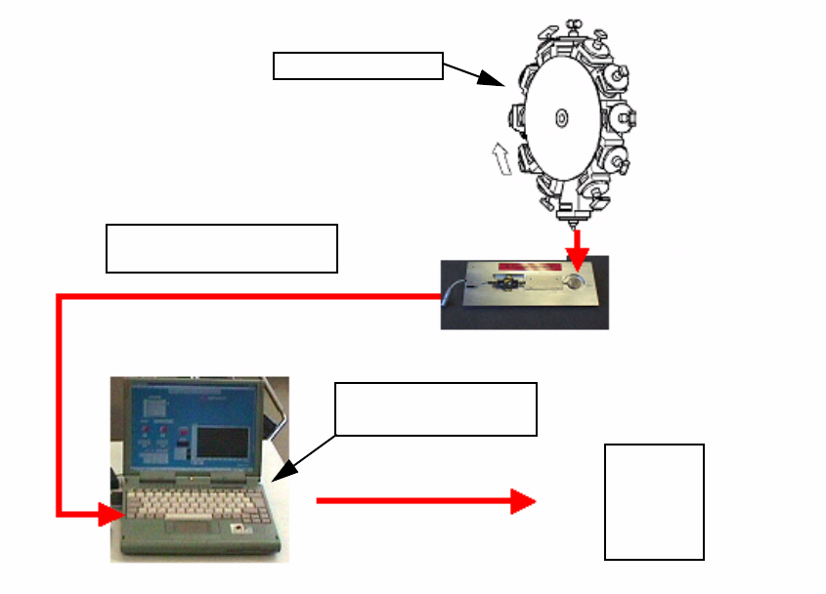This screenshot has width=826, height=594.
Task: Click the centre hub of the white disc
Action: coord(561,117)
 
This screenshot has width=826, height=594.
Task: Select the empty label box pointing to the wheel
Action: coord(358,66)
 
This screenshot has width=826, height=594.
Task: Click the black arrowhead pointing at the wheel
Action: coord(493,81)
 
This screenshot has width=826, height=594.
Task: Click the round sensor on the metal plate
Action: coord(576,281)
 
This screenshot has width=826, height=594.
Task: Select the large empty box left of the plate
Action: coord(221,248)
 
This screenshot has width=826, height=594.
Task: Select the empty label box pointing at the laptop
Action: coord(436,408)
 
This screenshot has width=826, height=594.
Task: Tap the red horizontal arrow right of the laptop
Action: coord(426,502)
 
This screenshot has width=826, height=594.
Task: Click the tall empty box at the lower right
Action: coord(654,502)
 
